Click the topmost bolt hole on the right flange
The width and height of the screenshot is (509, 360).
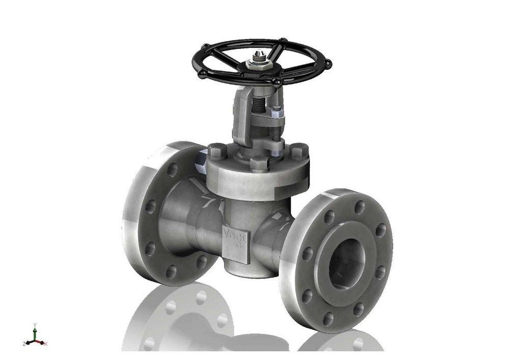359,206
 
